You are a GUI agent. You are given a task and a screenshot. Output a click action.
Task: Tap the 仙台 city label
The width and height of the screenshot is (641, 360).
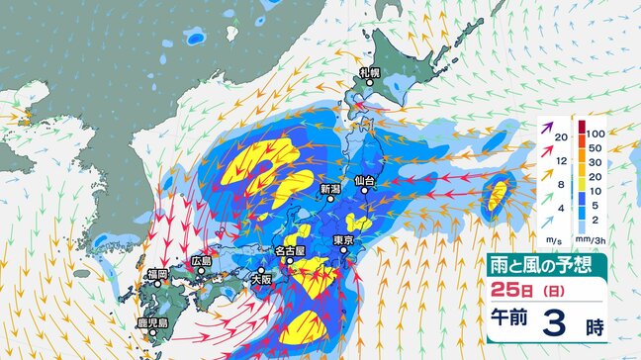coord(364,181)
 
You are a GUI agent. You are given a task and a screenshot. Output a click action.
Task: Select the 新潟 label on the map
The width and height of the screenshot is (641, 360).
coord(330,188)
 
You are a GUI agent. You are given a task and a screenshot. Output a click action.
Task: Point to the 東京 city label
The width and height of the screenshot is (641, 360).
coord(344,241)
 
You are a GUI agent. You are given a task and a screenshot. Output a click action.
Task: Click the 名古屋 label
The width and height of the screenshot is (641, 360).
coord(296,251)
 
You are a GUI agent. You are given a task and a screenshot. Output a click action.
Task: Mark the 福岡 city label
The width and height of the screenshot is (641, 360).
coord(154,274)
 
